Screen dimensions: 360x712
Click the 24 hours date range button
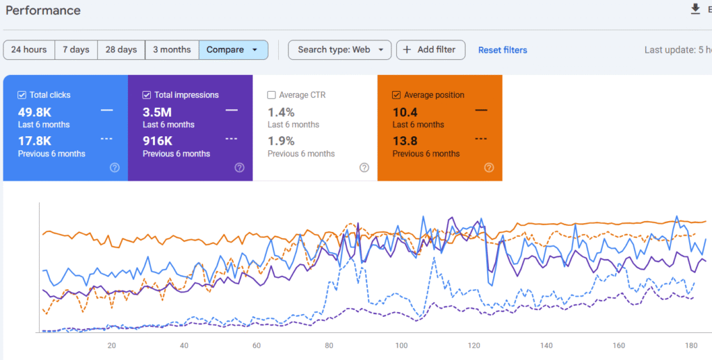click(x=29, y=50)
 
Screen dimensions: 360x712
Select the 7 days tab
click(x=76, y=50)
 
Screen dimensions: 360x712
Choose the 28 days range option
click(x=121, y=50)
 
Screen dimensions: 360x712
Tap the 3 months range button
click(x=172, y=50)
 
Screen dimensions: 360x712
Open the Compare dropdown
click(x=233, y=50)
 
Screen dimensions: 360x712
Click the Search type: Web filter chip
click(x=339, y=50)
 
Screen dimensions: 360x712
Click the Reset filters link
click(x=502, y=50)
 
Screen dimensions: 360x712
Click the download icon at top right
click(x=695, y=9)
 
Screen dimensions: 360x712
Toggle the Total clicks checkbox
click(x=22, y=95)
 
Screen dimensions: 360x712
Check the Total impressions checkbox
click(x=147, y=95)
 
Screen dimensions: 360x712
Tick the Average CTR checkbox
click(x=272, y=95)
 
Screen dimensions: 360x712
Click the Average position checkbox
click(x=396, y=95)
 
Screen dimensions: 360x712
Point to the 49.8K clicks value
click(x=35, y=112)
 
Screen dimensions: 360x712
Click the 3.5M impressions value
click(x=157, y=112)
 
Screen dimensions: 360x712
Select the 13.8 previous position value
click(x=405, y=141)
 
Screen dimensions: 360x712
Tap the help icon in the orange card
click(x=489, y=167)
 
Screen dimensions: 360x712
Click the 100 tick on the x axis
click(x=401, y=345)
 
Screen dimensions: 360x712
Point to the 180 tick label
click(x=692, y=345)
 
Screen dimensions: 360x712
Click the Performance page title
click(x=43, y=10)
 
